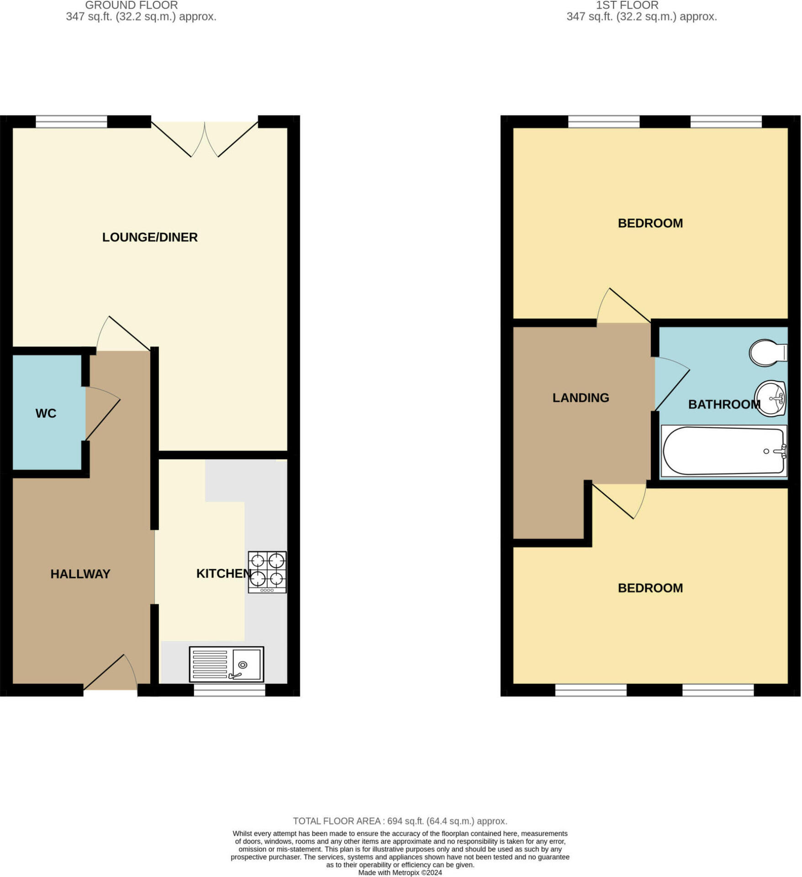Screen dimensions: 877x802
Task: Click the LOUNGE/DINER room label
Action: click(x=150, y=238)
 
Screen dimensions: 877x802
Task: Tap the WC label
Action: click(x=46, y=413)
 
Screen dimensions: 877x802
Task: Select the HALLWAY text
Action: click(x=80, y=574)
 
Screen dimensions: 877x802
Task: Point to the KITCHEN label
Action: click(x=223, y=574)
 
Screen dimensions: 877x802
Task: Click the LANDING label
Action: click(x=580, y=398)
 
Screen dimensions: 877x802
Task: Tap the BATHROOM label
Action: click(x=724, y=404)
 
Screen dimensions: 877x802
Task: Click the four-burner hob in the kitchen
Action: click(x=267, y=572)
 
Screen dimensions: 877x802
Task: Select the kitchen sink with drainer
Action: click(x=227, y=664)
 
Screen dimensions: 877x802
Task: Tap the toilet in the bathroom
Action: click(x=767, y=353)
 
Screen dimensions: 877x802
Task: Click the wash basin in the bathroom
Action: click(x=770, y=399)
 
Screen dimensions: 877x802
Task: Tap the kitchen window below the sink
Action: click(x=229, y=690)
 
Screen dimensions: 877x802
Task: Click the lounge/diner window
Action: click(x=71, y=122)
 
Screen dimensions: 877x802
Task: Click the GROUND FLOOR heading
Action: click(x=132, y=5)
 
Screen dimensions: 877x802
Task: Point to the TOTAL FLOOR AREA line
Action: click(x=400, y=821)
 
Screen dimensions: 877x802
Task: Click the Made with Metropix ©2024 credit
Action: click(x=400, y=872)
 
